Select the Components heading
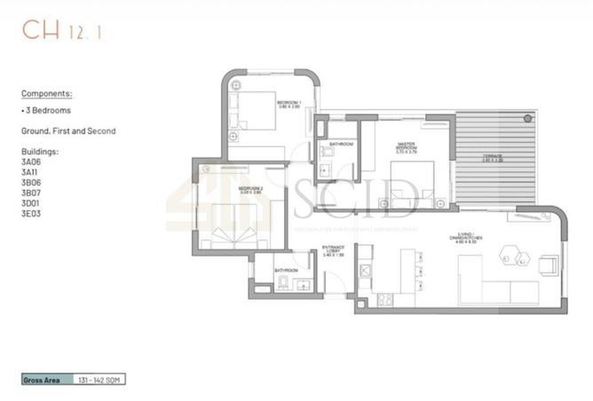(x=47, y=92)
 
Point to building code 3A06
(x=32, y=161)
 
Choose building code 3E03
(x=32, y=214)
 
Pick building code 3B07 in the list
(x=32, y=193)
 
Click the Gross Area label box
(x=44, y=379)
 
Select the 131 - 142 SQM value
(x=99, y=379)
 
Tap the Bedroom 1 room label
(x=289, y=105)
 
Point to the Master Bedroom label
(x=407, y=146)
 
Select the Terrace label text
(x=492, y=158)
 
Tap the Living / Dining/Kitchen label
(x=464, y=235)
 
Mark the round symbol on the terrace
(x=529, y=118)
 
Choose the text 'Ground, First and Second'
(x=68, y=131)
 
